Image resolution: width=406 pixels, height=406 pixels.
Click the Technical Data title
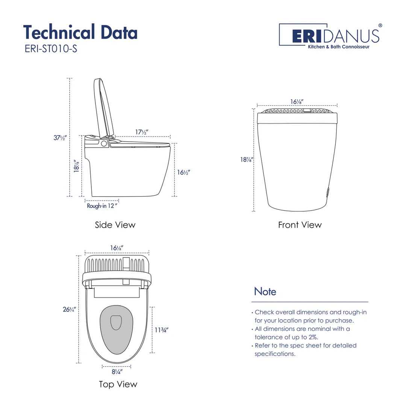80,32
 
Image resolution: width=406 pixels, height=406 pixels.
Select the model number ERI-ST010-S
50,49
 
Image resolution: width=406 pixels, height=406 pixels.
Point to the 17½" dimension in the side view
142,132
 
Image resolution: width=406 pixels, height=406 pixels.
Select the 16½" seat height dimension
183,172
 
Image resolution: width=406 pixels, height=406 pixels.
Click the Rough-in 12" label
102,206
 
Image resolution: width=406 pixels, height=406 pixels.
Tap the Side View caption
115,225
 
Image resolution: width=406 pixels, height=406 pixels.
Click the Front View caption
300,225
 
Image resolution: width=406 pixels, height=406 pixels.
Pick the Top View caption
118,384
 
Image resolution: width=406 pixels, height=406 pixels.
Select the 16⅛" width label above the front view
297,101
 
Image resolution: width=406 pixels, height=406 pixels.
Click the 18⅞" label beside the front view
247,159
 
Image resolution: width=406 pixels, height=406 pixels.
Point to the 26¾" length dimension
70,309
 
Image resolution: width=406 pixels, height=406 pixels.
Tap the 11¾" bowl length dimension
161,330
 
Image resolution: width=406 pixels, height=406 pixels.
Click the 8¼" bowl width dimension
117,372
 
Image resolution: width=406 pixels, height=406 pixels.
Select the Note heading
265,291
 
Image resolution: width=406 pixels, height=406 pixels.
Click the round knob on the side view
104,143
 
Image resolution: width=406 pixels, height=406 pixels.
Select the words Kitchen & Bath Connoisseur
339,47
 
